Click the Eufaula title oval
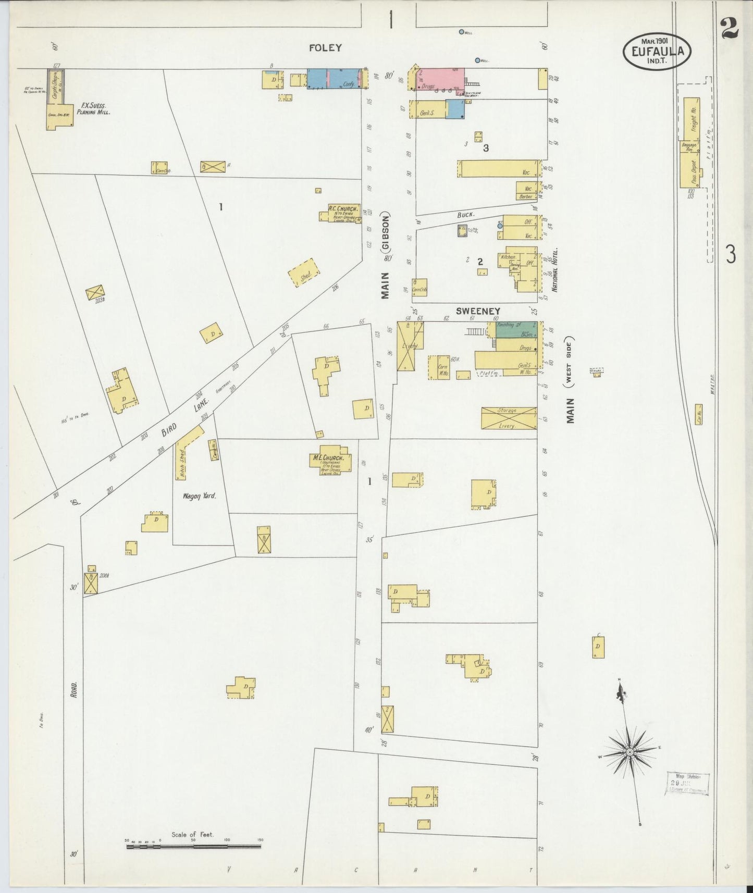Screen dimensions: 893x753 [658, 51]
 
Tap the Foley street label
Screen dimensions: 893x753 [325, 48]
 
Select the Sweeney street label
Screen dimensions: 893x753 [477, 311]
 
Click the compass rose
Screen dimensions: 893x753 [630, 752]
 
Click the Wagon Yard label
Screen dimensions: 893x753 [199, 496]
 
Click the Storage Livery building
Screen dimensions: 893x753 [509, 418]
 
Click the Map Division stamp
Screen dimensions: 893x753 [687, 783]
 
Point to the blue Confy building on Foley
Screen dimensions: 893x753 [335, 79]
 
